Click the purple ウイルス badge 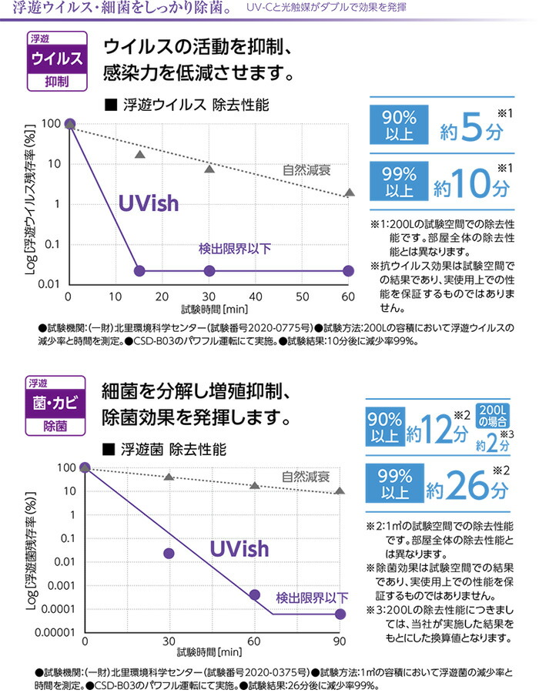point(55,59)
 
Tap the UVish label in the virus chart point(148,203)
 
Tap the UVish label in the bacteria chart point(239,548)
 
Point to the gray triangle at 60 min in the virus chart point(349,193)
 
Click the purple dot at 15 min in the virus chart point(139,270)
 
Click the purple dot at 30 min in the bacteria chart point(169,553)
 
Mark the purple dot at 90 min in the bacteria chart point(340,613)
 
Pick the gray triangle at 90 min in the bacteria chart point(340,491)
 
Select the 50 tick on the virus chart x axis point(302,297)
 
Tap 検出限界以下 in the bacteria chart point(311,597)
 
